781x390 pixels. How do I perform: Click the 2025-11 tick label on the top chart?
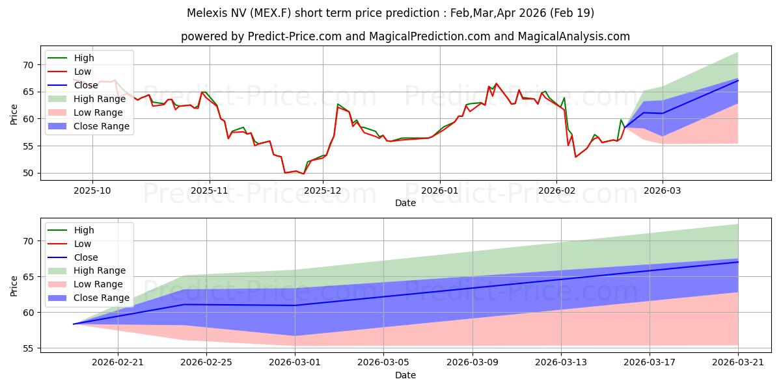coord(210,190)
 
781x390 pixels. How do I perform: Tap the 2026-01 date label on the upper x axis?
coord(440,190)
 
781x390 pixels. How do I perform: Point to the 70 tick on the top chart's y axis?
coord(28,65)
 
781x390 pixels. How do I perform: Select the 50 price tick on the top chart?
coord(28,173)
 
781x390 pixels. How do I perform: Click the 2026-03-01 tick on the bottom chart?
coord(295,362)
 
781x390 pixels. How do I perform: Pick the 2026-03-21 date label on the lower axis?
coord(738,362)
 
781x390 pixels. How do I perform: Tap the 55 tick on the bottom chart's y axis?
coord(28,348)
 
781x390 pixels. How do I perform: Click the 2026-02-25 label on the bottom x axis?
coord(206,362)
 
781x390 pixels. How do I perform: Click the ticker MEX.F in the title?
coord(272,13)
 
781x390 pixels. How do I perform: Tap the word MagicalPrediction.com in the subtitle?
coord(430,36)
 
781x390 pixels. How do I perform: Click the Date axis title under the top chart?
coord(405,203)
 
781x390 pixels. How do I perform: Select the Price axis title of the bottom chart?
coord(14,286)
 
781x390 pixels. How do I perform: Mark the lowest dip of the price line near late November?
coord(303,174)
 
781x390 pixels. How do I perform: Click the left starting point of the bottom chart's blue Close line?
coord(74,324)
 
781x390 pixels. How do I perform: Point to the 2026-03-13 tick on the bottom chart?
coord(561,362)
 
